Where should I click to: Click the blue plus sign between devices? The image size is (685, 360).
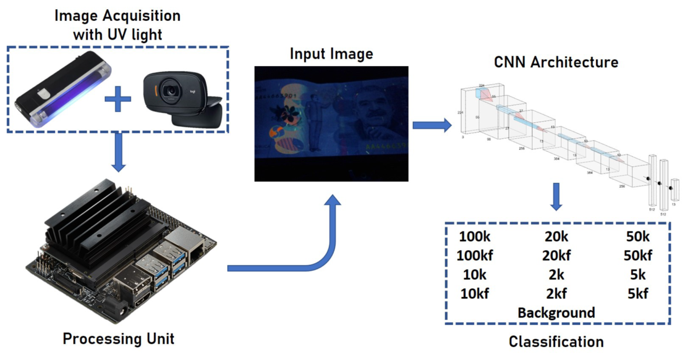tap(118, 99)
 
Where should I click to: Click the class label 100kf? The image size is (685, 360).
tap(475, 256)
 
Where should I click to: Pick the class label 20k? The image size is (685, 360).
tap(556, 237)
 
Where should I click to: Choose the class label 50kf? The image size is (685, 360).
tap(638, 256)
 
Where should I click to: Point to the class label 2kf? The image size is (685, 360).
tap(556, 294)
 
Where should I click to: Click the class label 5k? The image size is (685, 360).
tap(638, 275)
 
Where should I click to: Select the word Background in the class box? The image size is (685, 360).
tap(556, 313)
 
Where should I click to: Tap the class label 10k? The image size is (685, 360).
tap(475, 275)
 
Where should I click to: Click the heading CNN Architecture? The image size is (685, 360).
tap(556, 62)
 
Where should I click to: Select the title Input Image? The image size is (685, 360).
tap(331, 54)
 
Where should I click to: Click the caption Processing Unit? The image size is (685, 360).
tap(118, 339)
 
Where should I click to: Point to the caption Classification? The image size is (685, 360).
tap(556, 342)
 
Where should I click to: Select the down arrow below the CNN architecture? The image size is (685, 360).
tap(556, 197)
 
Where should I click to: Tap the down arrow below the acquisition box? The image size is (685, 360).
tap(118, 152)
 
